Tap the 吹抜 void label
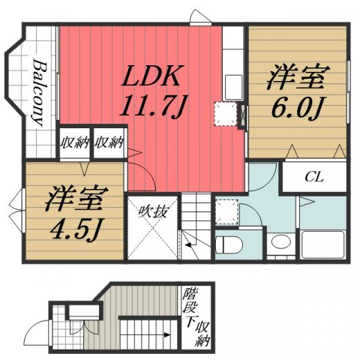click(x=151, y=212)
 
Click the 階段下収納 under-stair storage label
click(x=197, y=319)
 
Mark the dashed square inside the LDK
click(x=225, y=113)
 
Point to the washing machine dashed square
click(x=226, y=212)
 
